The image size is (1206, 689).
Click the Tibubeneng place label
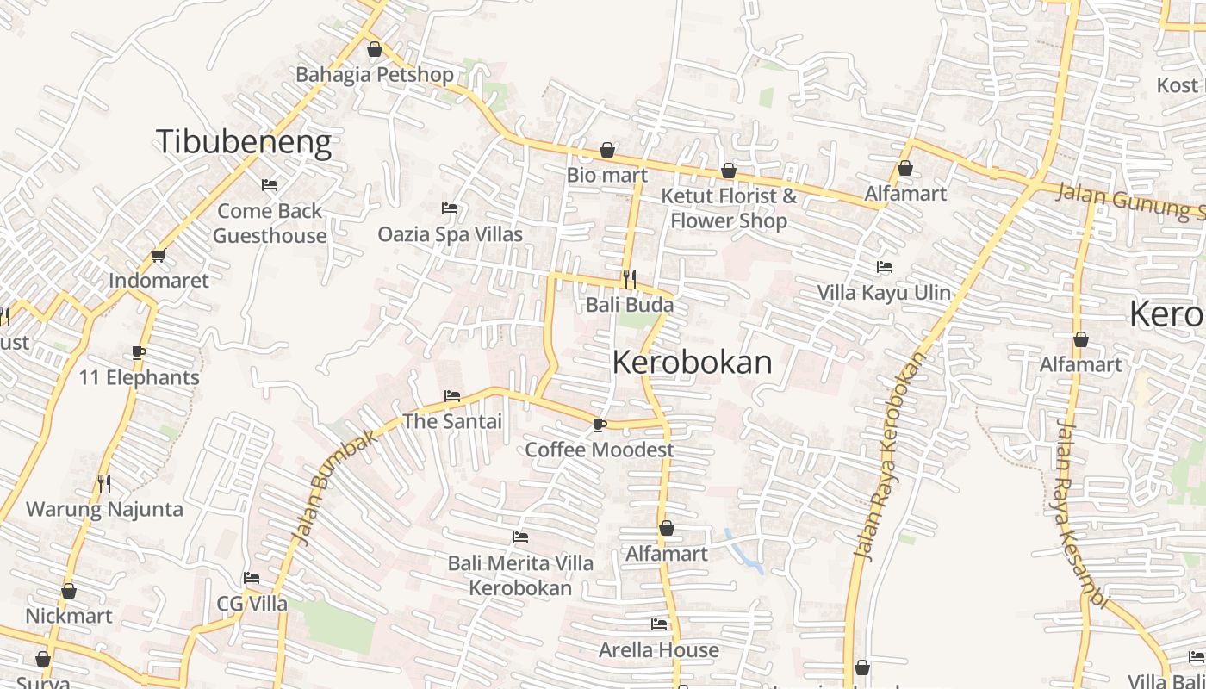point(244,142)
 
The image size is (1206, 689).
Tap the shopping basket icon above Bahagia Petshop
point(374,50)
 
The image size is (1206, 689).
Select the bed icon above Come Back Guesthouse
point(270,185)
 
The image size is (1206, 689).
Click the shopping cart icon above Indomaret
point(158,256)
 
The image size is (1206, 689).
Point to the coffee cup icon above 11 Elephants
point(139,352)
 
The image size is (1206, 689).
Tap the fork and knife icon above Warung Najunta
point(104,484)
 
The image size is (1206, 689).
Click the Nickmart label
point(69,616)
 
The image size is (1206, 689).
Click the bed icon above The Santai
point(452,396)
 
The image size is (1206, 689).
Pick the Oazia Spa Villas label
point(450,234)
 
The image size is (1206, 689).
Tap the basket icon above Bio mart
point(607,151)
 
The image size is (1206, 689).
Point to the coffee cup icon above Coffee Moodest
point(600,425)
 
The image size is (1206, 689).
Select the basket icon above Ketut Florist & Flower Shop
point(729,171)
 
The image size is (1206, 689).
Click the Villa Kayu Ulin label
point(884,293)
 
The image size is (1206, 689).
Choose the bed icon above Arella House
point(659,624)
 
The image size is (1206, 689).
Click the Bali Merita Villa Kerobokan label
point(520,575)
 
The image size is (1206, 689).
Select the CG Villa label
point(252,604)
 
